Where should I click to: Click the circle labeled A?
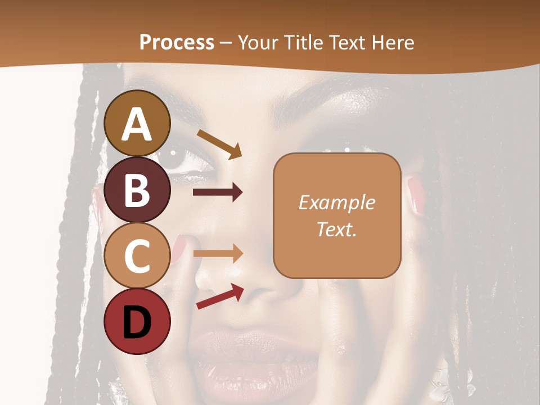click(138, 124)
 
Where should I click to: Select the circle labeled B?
click(138, 190)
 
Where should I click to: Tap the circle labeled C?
click(138, 255)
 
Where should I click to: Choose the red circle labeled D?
click(138, 321)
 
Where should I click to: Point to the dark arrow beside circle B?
click(218, 193)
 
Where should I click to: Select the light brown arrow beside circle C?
click(218, 253)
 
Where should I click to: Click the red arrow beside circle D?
click(220, 296)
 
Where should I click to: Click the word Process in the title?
click(177, 42)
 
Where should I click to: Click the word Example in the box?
click(336, 202)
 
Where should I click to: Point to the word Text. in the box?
click(336, 229)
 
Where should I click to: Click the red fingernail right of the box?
click(415, 195)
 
